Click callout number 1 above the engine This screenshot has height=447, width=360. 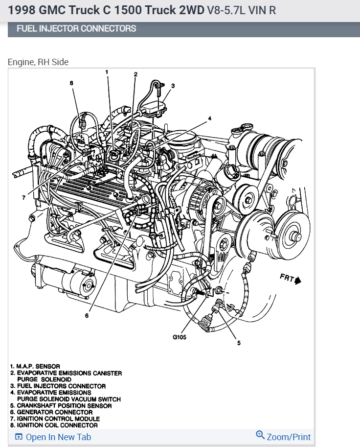tap(107, 72)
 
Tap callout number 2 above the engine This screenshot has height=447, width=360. tap(135, 74)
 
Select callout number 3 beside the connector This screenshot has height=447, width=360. tap(173, 85)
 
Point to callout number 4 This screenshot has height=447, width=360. tap(209, 118)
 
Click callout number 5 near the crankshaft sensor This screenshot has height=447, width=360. tap(239, 343)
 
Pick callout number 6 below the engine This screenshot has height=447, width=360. tap(87, 316)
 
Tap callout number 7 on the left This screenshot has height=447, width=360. tap(23, 198)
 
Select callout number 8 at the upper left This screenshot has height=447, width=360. tap(71, 83)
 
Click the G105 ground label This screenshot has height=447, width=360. tap(180, 337)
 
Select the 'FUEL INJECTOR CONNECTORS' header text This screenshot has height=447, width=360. tap(76, 28)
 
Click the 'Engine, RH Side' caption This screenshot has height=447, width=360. tap(38, 62)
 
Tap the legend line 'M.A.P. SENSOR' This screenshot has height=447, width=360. tap(37, 366)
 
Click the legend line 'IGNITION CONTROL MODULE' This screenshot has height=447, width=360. tap(58, 419)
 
